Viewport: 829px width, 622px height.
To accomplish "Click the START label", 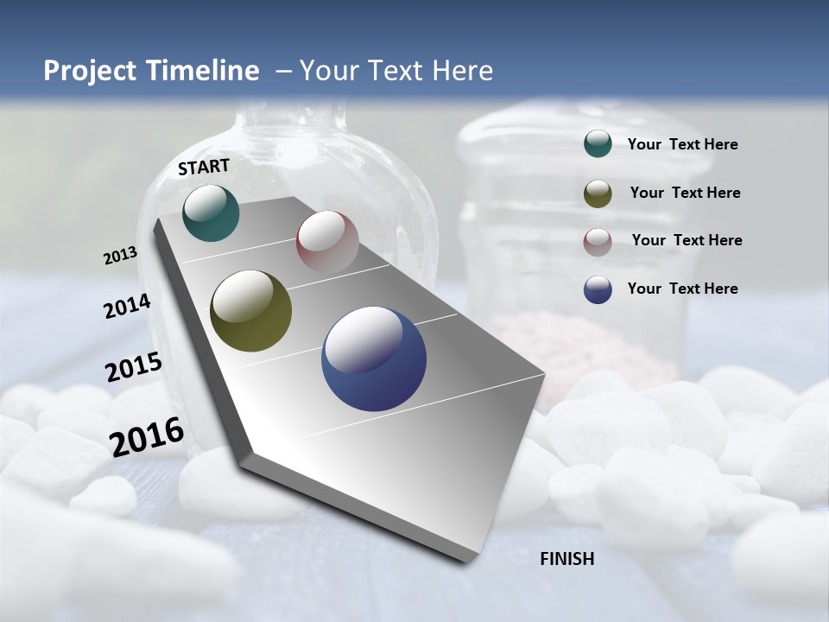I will tap(204, 167).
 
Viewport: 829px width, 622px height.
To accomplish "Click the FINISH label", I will tap(567, 559).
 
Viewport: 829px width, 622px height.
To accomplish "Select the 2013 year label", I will tap(120, 256).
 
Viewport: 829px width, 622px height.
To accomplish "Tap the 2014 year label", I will tap(128, 307).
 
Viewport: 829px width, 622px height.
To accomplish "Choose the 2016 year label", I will tap(147, 437).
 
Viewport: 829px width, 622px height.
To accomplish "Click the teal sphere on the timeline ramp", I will tap(211, 213).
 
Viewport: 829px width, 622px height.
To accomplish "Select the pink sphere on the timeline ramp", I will tap(327, 241).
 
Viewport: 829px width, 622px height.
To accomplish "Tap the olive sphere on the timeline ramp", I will tap(251, 311).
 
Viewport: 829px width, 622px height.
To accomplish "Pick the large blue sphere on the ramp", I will tap(374, 359).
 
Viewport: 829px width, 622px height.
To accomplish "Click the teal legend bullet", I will tap(598, 144).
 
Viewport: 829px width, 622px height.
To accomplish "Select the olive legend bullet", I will tap(598, 194).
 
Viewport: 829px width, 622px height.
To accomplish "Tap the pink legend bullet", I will tap(598, 242).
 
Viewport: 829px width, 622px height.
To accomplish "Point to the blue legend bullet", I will tap(598, 289).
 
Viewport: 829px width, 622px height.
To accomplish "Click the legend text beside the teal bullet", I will tap(682, 145).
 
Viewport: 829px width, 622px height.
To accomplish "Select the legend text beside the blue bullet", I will tap(682, 289).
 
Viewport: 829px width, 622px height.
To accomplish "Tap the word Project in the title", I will tap(85, 71).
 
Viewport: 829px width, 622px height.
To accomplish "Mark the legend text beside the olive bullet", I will tap(685, 193).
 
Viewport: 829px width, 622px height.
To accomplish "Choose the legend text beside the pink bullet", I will tap(687, 240).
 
